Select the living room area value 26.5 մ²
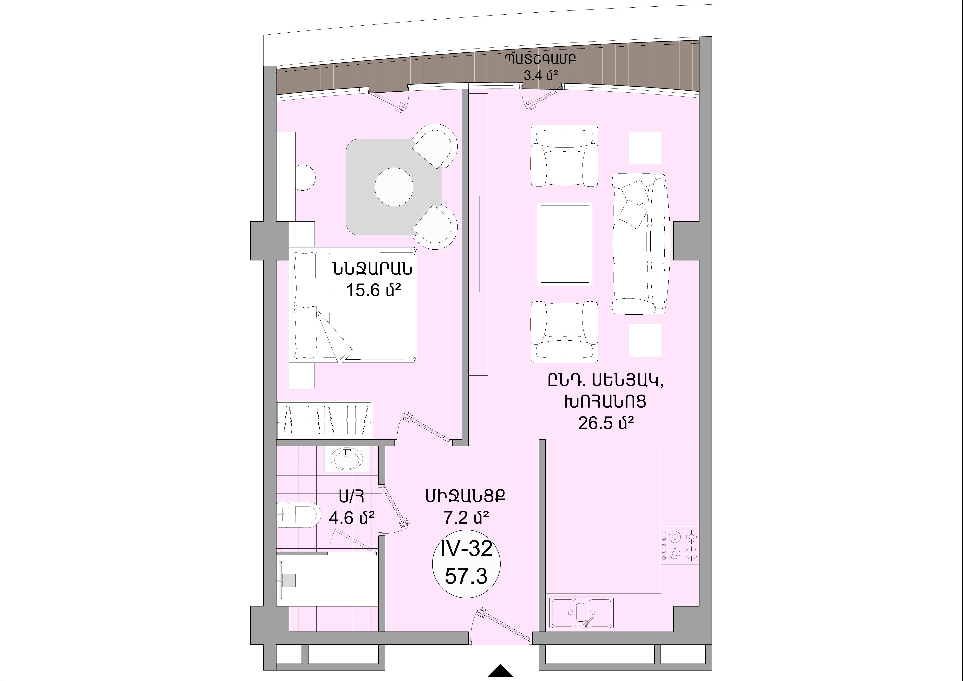605,423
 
